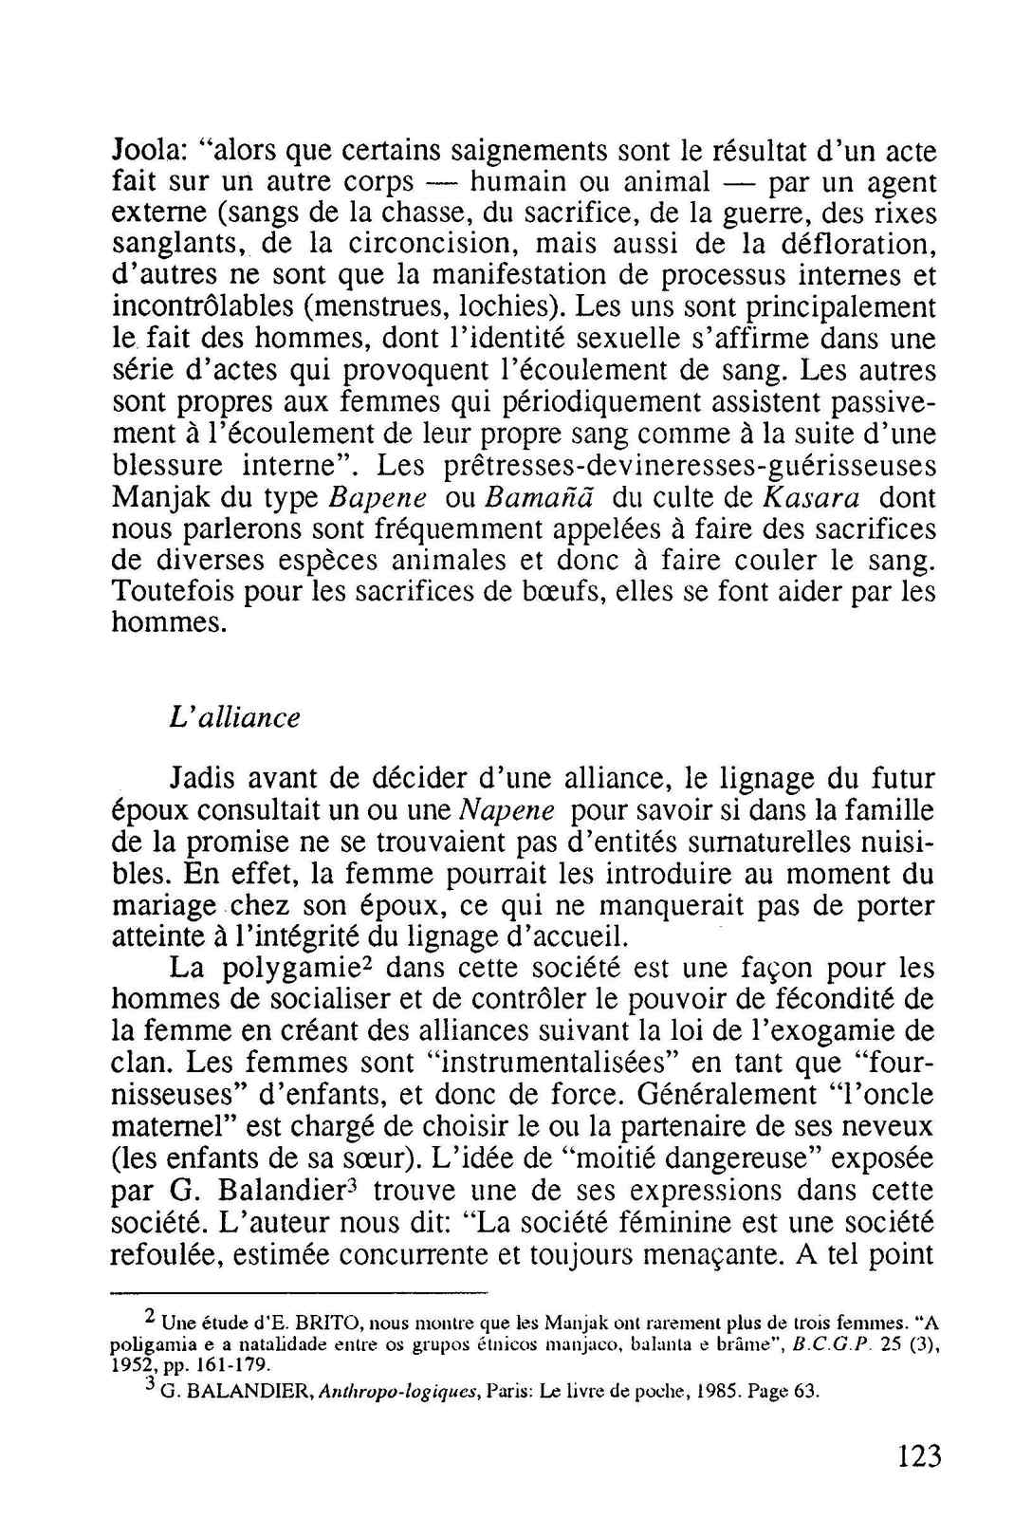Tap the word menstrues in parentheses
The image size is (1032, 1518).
(374, 307)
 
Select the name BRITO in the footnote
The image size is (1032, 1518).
(330, 1323)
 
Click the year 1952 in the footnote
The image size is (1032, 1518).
(129, 1366)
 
